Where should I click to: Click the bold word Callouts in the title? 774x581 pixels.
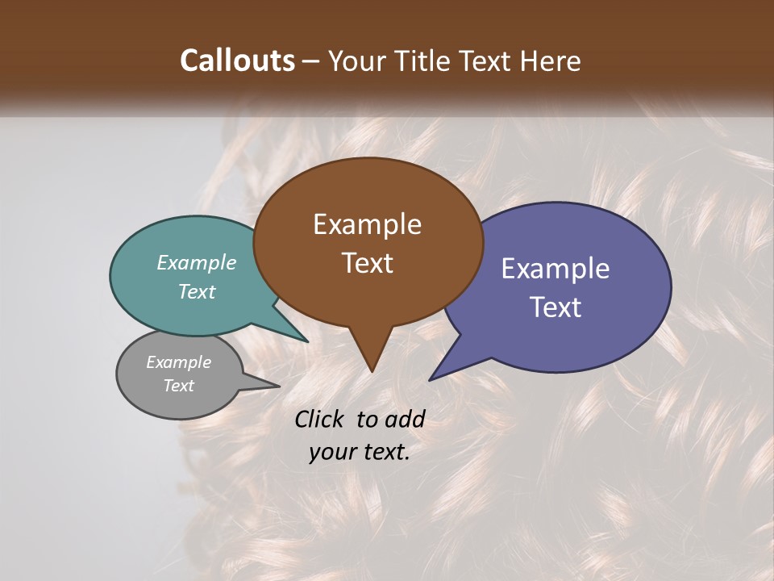[x=238, y=61]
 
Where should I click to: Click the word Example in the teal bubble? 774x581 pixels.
[x=197, y=262]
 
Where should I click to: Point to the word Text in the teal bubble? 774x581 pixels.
[x=197, y=291]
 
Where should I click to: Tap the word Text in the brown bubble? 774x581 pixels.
[x=367, y=262]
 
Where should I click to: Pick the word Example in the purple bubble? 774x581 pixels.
[x=556, y=268]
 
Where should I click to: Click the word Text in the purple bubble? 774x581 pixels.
[x=556, y=307]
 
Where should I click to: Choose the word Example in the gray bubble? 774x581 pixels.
[x=178, y=362]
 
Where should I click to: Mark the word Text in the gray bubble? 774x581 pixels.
[x=178, y=385]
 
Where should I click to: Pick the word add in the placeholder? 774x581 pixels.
[x=405, y=419]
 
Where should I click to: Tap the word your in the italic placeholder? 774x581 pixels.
[x=332, y=452]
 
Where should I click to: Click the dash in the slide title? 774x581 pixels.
[x=311, y=61]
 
